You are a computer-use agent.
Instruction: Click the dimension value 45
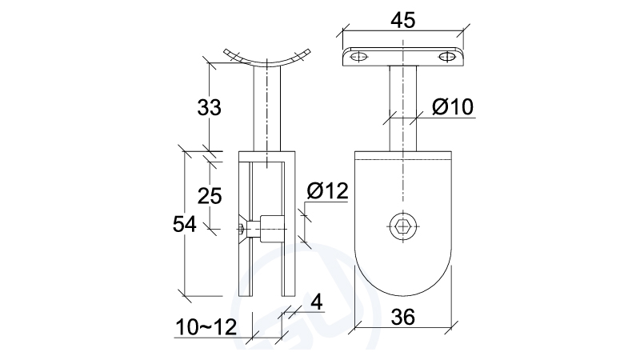click(x=402, y=18)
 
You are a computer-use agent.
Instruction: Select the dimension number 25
click(x=210, y=194)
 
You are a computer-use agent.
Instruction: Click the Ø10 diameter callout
click(x=452, y=106)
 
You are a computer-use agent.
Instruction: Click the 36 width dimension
click(x=402, y=318)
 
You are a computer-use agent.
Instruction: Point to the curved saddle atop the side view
click(x=267, y=58)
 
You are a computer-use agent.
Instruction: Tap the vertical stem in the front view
click(x=402, y=108)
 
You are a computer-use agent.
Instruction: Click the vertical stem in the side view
click(x=267, y=108)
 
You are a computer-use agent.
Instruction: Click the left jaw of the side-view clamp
click(x=244, y=240)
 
